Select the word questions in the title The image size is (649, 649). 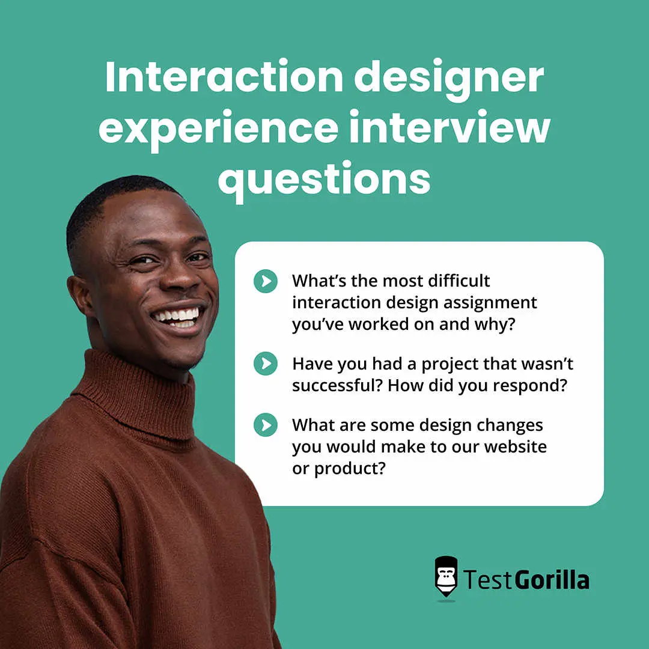tap(324, 178)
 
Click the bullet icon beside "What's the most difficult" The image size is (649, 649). tap(266, 281)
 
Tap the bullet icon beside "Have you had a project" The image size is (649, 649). tap(266, 364)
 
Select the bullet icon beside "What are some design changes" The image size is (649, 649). tap(266, 425)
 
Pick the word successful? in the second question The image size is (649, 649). tap(337, 385)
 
